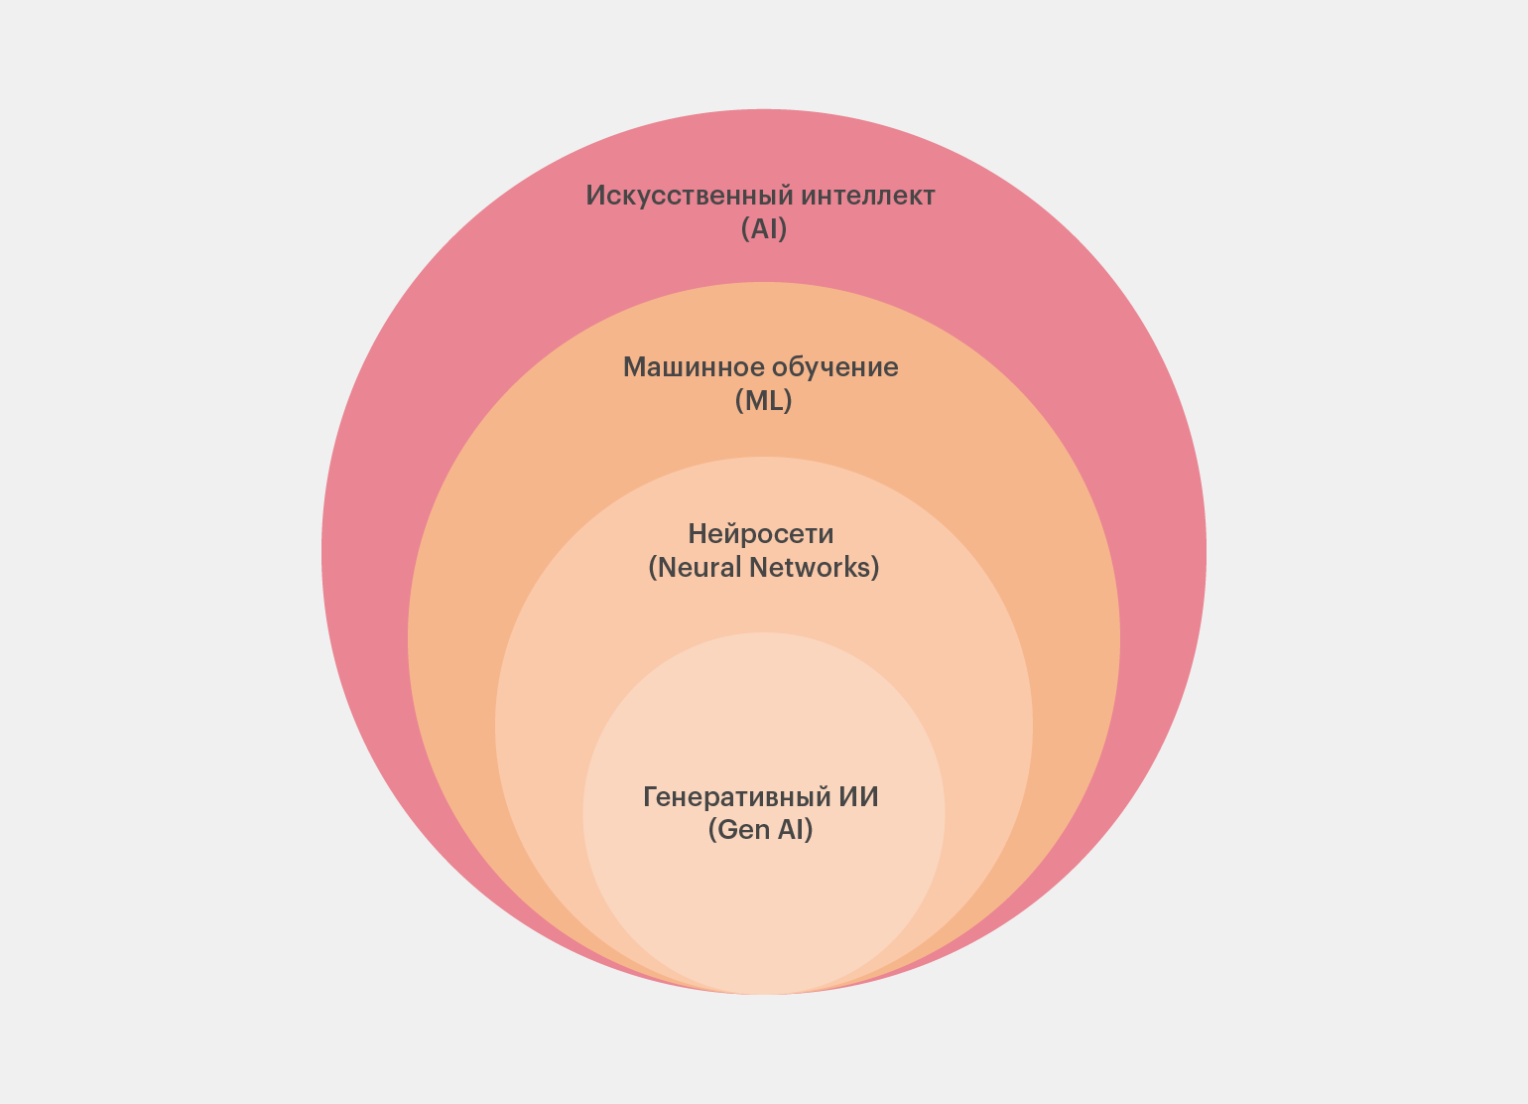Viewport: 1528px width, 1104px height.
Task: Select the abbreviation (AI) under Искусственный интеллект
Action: point(764,229)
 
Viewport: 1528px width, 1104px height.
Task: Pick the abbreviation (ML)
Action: point(764,401)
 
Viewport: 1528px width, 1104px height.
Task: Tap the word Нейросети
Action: point(761,534)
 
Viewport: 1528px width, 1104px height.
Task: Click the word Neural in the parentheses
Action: point(698,568)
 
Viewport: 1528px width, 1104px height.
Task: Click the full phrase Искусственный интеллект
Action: point(760,196)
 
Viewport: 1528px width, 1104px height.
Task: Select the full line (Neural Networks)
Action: point(764,568)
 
